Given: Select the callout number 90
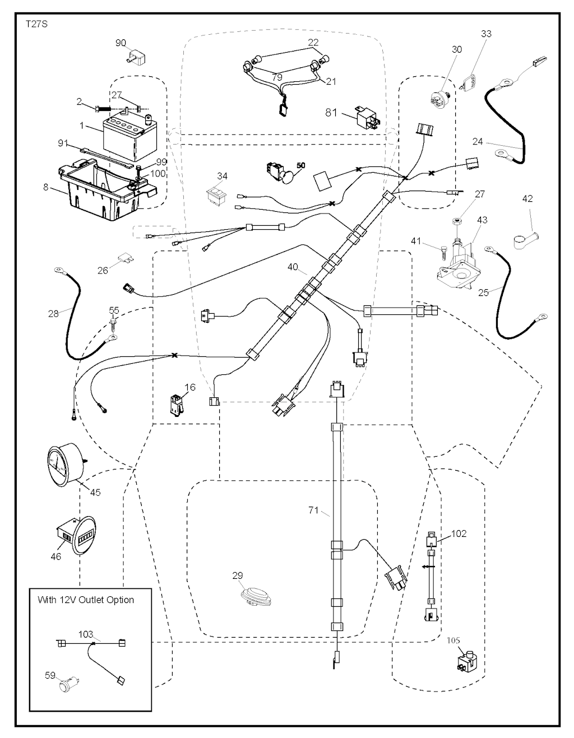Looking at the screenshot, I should pos(121,43).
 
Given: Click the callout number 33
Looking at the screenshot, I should pos(486,34).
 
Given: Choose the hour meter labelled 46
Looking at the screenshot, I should pos(72,537).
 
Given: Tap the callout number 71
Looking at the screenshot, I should pos(314,510).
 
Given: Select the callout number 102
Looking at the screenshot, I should pos(459,533).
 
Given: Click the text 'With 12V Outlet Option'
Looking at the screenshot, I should pos(86,600).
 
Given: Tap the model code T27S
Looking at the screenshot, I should pos(36,25).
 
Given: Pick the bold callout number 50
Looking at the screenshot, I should pos(301,166).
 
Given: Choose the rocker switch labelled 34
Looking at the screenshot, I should pos(215,194).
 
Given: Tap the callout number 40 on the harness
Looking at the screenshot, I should pos(293,267).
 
